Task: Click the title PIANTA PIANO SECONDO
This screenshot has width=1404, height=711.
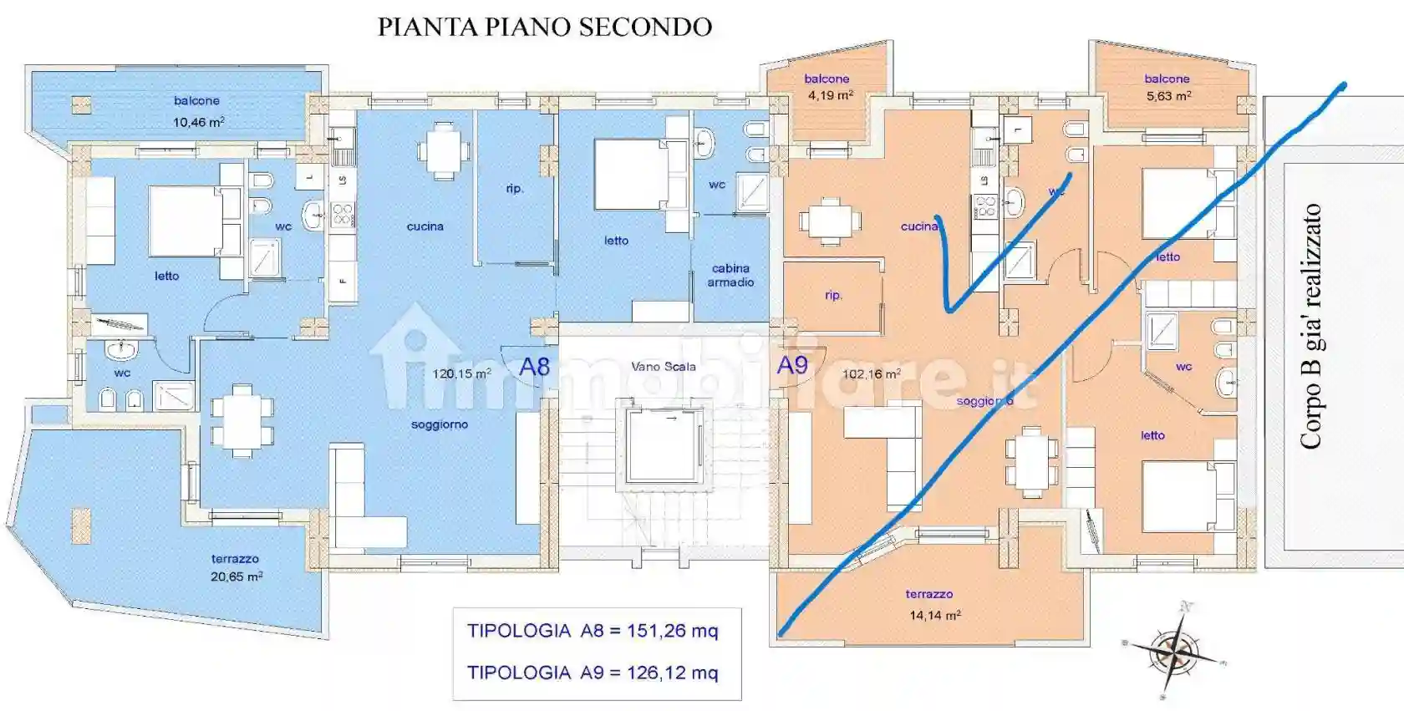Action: tap(545, 27)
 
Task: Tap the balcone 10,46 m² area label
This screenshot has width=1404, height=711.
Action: tap(198, 111)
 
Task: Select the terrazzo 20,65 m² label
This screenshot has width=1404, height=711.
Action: tap(236, 568)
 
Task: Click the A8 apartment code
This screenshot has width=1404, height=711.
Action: tap(535, 367)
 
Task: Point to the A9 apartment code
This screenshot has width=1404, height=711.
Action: tap(792, 365)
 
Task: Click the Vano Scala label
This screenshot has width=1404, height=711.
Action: tap(663, 366)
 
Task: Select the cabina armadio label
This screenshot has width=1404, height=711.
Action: tap(730, 275)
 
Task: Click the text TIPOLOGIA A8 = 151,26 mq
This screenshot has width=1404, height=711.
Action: tap(593, 631)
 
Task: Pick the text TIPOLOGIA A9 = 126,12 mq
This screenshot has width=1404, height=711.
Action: tap(593, 673)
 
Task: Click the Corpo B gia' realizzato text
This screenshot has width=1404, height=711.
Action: tap(1311, 326)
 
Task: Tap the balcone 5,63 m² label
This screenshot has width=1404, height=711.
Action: tap(1167, 88)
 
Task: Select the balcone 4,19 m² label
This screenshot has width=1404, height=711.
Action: tap(828, 87)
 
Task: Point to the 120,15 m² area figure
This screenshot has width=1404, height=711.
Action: tap(461, 373)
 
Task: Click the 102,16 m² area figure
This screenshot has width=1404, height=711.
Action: tap(871, 374)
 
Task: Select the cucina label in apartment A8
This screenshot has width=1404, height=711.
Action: tap(425, 226)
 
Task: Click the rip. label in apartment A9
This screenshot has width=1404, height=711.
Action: tap(833, 295)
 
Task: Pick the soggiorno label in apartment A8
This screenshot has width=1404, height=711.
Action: tap(440, 424)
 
